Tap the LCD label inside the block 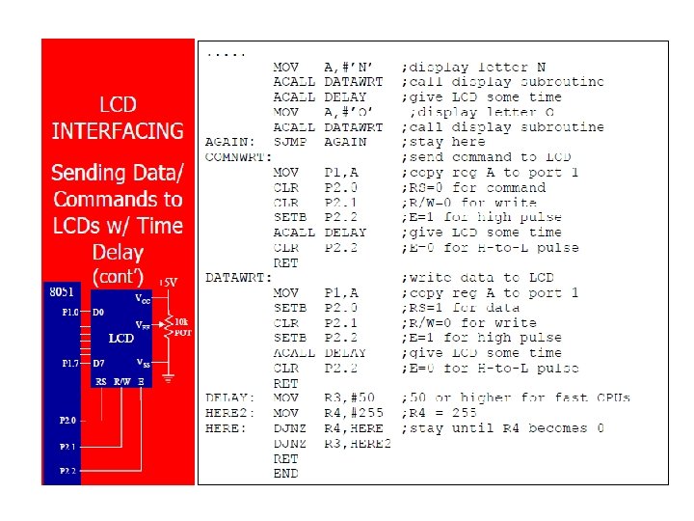point(120,339)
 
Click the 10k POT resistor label point(181,326)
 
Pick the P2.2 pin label point(67,471)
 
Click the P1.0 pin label point(70,313)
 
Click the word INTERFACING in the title point(118,131)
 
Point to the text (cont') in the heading point(118,276)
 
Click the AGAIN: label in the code point(228,142)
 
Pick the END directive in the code point(285,473)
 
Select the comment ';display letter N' point(474,68)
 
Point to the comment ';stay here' point(440,142)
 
